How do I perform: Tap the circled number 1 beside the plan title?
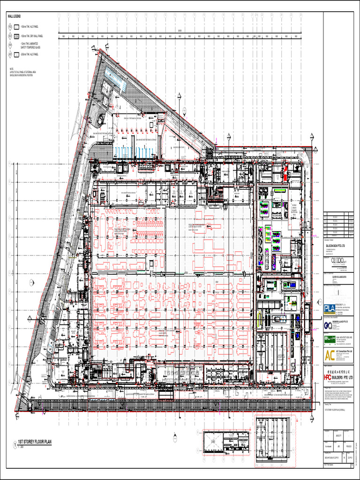coord(13,442)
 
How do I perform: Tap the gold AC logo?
coord(330,355)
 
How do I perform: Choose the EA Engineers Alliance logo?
coord(328,324)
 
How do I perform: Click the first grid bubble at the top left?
coord(60,15)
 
